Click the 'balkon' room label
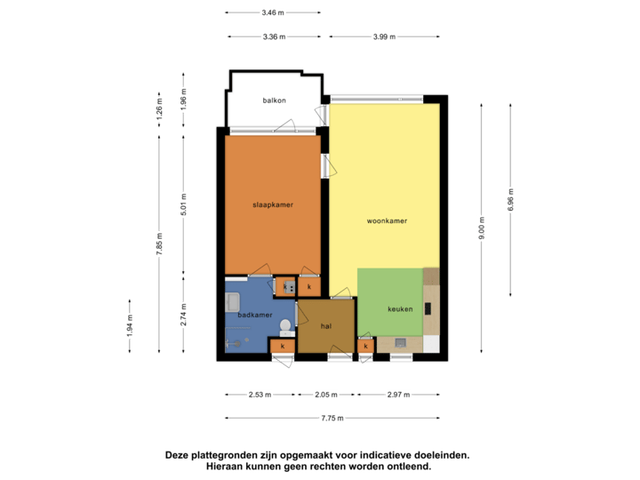click(274, 100)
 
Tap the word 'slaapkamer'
click(273, 204)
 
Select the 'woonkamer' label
click(387, 220)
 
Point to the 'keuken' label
click(400, 309)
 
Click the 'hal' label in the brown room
click(325, 326)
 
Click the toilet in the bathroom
click(285, 325)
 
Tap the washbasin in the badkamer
click(232, 302)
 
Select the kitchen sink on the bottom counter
click(400, 342)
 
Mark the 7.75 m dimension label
click(333, 418)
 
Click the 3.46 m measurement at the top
click(273, 12)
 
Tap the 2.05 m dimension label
click(326, 394)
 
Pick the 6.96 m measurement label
click(510, 196)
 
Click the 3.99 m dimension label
click(383, 36)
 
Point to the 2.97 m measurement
click(397, 394)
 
